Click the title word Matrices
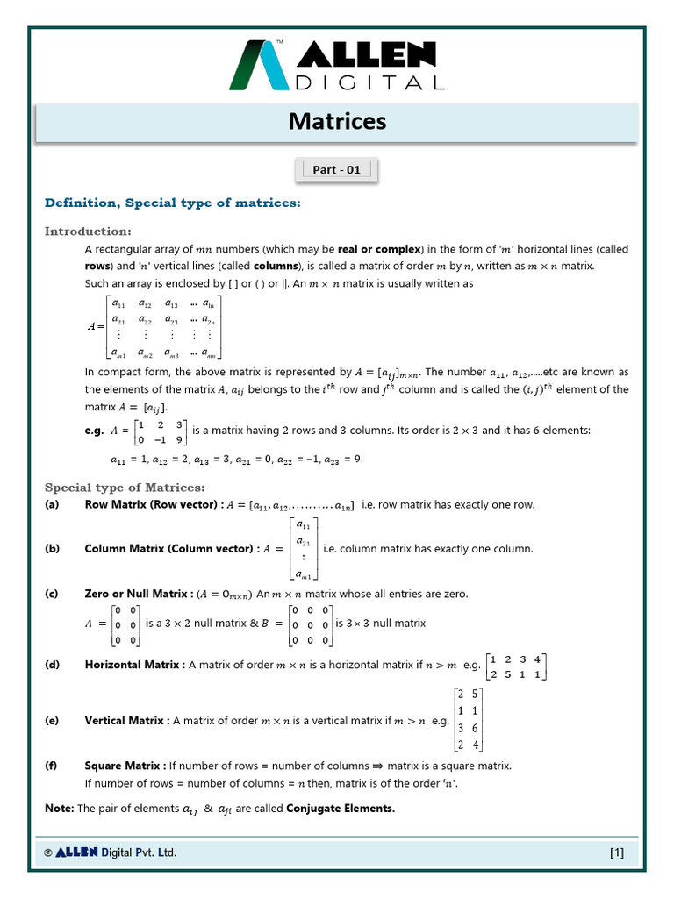click(337, 121)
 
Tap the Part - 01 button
click(337, 170)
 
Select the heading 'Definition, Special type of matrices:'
click(172, 203)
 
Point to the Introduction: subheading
click(88, 232)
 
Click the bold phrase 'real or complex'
click(380, 250)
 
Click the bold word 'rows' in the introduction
click(97, 266)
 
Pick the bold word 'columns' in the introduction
click(275, 266)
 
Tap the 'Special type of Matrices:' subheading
click(125, 488)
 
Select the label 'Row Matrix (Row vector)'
click(150, 505)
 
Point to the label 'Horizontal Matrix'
click(133, 665)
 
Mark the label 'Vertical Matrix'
click(125, 721)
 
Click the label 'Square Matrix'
click(122, 766)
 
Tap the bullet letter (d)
click(52, 665)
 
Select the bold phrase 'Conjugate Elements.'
click(341, 809)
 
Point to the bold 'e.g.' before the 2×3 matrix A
click(95, 431)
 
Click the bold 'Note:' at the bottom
click(59, 809)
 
